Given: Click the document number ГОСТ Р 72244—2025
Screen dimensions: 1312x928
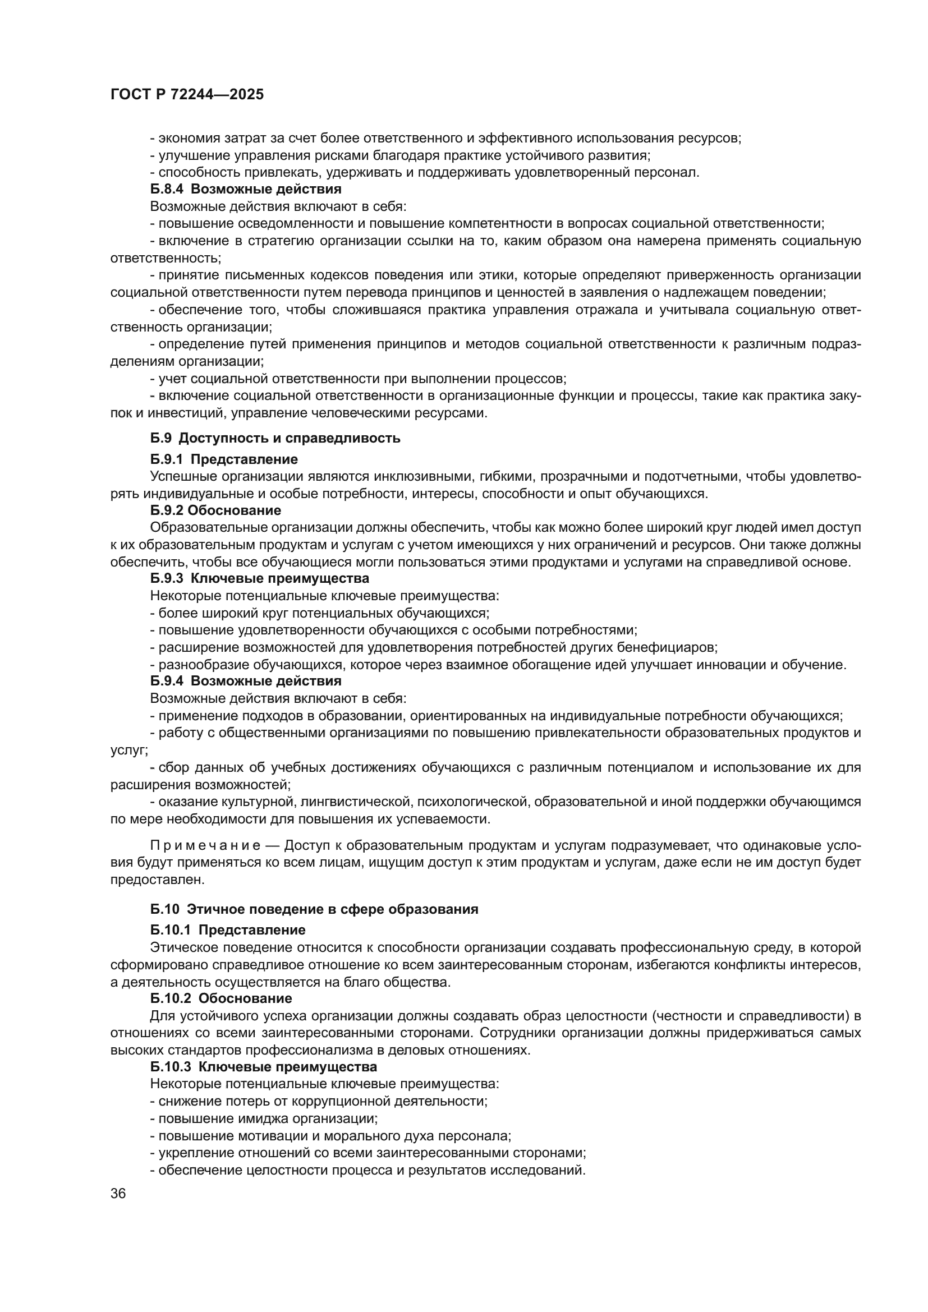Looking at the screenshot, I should pyautogui.click(x=187, y=95).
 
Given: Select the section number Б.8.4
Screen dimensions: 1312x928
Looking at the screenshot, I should pyautogui.click(x=167, y=189).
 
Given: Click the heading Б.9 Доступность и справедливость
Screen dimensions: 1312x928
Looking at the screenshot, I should pyautogui.click(x=275, y=438).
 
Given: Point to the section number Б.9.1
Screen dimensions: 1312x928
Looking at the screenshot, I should pyautogui.click(x=167, y=459).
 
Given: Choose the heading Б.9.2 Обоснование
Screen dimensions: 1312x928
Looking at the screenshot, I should pyautogui.click(x=215, y=510).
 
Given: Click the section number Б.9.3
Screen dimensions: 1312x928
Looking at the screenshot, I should pyautogui.click(x=167, y=578).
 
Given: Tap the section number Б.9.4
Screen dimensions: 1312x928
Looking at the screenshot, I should pyautogui.click(x=167, y=681).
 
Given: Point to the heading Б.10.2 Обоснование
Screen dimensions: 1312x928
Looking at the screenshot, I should pyautogui.click(x=220, y=999).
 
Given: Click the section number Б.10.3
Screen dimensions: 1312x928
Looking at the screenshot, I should pyautogui.click(x=171, y=1067).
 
